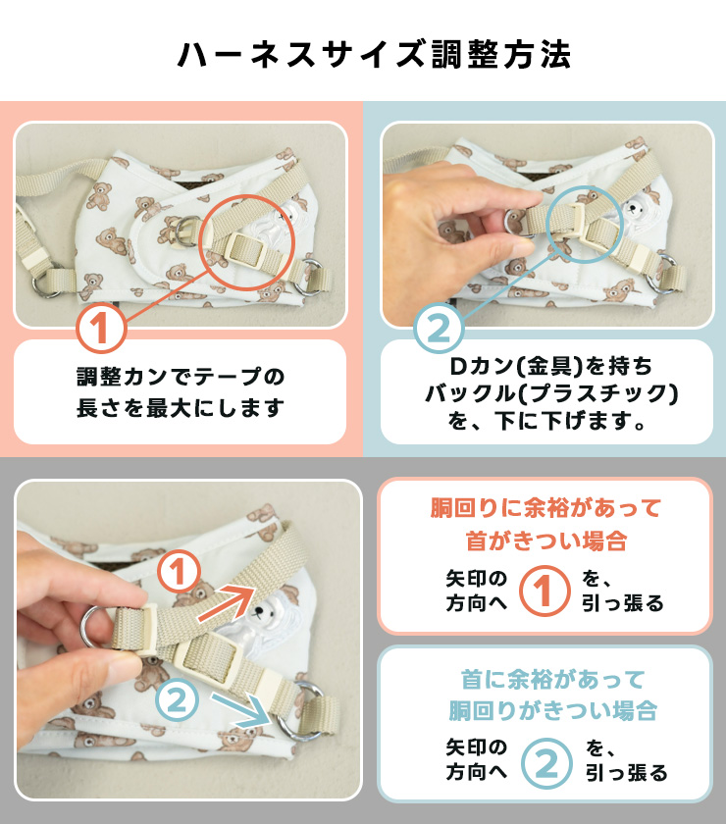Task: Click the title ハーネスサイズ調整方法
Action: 375,55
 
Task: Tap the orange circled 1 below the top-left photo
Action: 101,328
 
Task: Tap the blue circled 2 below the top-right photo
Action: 439,329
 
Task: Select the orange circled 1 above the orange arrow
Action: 179,572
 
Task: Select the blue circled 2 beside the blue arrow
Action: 178,700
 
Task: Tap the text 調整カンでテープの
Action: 181,377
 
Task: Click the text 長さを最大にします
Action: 181,408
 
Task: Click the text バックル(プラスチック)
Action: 551,393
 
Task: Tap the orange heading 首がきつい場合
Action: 546,541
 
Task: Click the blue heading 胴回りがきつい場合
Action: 552,710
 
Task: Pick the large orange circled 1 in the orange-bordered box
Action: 544,591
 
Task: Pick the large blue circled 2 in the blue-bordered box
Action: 546,763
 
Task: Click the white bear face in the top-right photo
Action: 636,208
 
